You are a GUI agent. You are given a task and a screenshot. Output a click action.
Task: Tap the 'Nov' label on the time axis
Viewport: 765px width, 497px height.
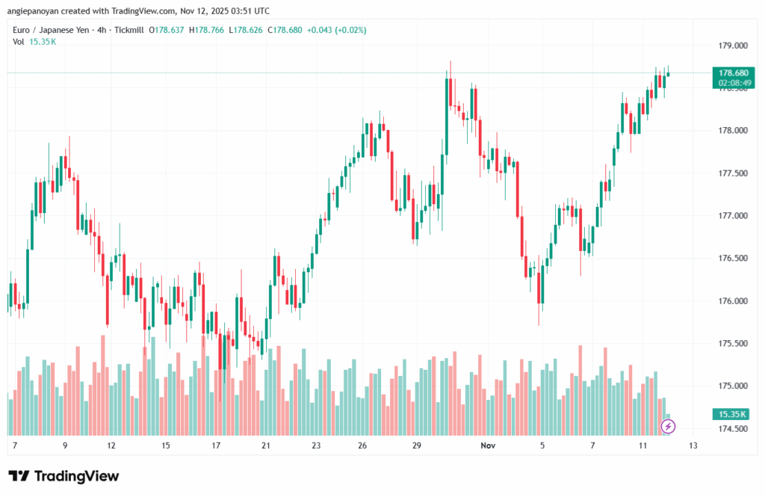coord(488,445)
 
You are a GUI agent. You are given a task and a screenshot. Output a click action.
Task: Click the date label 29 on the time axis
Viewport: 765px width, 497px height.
coord(418,445)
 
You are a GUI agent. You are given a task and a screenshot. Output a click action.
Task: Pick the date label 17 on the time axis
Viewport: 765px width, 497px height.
coord(216,445)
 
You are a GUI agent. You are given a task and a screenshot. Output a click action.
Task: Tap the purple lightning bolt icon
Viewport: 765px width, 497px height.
coord(669,427)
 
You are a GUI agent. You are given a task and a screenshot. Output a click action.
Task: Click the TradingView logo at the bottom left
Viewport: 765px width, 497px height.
coord(64,476)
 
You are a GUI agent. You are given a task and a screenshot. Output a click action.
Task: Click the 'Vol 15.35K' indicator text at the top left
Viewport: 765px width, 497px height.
coord(34,41)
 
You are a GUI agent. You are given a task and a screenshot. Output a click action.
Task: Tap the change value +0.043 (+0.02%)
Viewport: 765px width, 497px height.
coord(341,30)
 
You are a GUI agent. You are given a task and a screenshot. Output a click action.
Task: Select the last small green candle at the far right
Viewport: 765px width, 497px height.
coord(668,73)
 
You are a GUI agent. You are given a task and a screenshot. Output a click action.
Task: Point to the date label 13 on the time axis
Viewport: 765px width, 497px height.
coord(693,445)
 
